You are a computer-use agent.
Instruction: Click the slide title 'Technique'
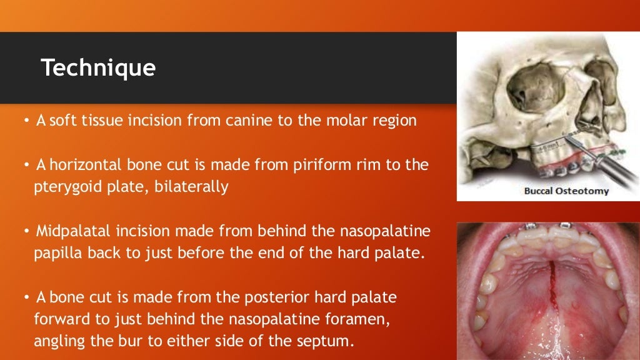coord(98,67)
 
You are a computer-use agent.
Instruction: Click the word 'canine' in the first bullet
coord(251,120)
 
